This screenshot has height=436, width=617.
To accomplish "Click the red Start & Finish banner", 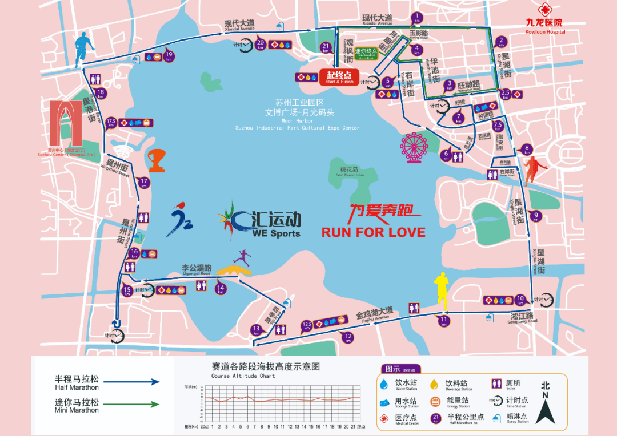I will pos(339,77).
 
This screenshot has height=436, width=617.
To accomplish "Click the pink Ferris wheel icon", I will pos(412,147).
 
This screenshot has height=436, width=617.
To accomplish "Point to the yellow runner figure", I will pos(440,291).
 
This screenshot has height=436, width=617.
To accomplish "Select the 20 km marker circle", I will pos(261,43).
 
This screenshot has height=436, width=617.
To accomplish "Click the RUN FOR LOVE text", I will pos(373,232).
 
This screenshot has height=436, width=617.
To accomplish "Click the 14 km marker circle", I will pos(220,289).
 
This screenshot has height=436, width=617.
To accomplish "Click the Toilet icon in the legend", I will pos(496,385).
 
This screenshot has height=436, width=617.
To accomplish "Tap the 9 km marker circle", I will pos(535,217).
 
